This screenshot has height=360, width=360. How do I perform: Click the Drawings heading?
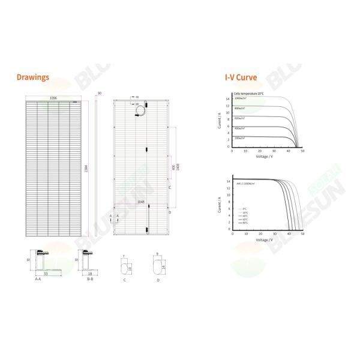tap(33, 78)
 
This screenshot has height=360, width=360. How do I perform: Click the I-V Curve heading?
tap(241, 78)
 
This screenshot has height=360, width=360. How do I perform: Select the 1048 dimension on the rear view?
tap(142, 203)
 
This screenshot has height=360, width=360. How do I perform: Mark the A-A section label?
tap(38, 279)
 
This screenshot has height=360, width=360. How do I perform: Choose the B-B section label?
tap(90, 279)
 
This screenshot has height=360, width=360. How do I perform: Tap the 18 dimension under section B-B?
tap(90, 274)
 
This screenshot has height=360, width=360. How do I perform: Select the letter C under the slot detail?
tap(124, 279)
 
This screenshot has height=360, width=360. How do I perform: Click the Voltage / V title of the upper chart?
tap(265, 157)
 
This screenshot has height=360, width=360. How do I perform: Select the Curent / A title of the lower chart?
tap(220, 204)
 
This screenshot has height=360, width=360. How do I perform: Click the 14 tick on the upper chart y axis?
tap(228, 98)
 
